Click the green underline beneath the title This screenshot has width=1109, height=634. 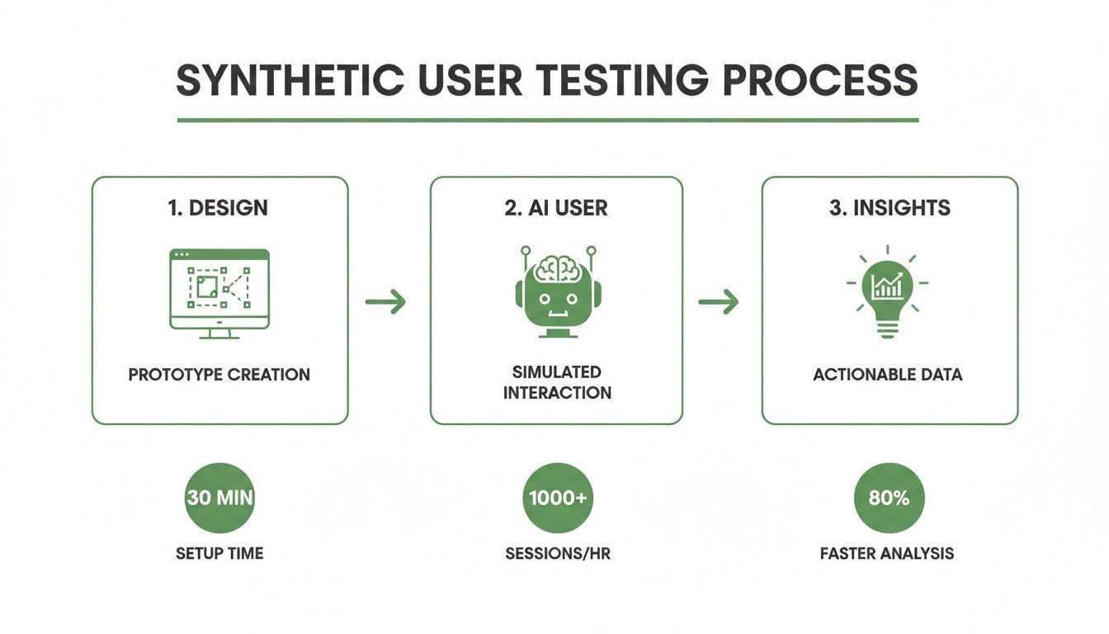click(x=548, y=120)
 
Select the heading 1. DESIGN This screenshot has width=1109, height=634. click(x=219, y=208)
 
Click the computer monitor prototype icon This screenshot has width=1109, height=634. click(x=219, y=292)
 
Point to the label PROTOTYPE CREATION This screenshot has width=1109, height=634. click(x=219, y=375)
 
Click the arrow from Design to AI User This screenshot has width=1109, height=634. click(x=386, y=302)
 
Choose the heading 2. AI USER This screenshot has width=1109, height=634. click(x=556, y=208)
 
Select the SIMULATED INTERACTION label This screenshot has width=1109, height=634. click(x=557, y=382)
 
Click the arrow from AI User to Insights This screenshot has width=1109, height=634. click(x=718, y=302)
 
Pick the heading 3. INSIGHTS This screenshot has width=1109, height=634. click(x=890, y=208)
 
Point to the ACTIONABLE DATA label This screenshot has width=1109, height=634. click(x=887, y=375)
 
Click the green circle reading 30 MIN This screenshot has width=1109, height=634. click(x=219, y=498)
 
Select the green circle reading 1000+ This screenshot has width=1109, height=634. click(x=558, y=498)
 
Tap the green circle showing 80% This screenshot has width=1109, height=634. click(x=889, y=498)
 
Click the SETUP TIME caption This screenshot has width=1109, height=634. click(x=219, y=553)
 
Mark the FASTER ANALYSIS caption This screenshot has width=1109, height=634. click(x=887, y=553)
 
